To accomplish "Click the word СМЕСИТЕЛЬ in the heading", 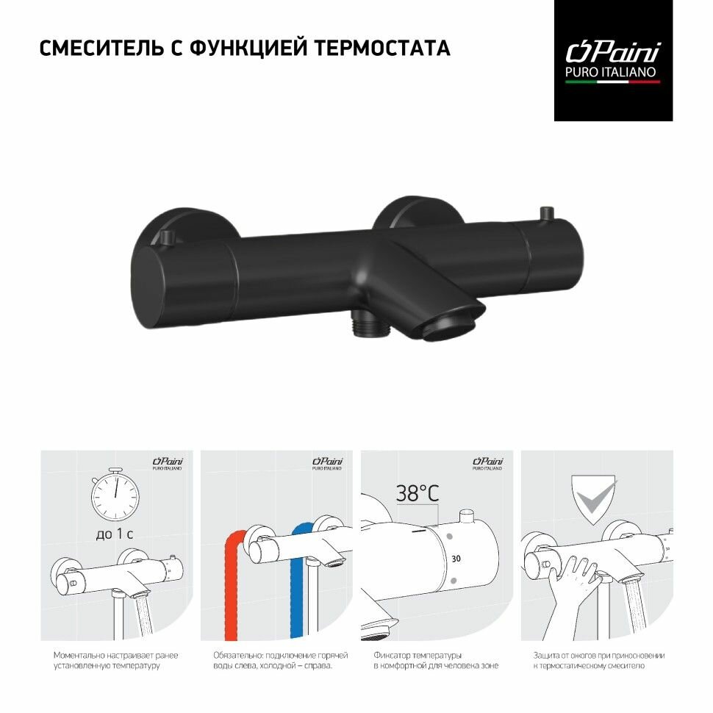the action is [x=101, y=49].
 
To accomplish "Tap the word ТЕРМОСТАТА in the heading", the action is [x=382, y=49].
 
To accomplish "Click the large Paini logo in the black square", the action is [x=613, y=52].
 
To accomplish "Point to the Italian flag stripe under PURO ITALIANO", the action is [x=612, y=82].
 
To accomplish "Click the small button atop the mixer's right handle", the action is [x=545, y=213].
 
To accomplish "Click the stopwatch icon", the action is [x=115, y=494].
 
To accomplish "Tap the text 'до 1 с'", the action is [x=115, y=534].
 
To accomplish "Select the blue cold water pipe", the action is [x=298, y=581].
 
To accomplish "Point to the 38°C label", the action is [x=418, y=494].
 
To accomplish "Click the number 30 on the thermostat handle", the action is [x=456, y=559].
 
